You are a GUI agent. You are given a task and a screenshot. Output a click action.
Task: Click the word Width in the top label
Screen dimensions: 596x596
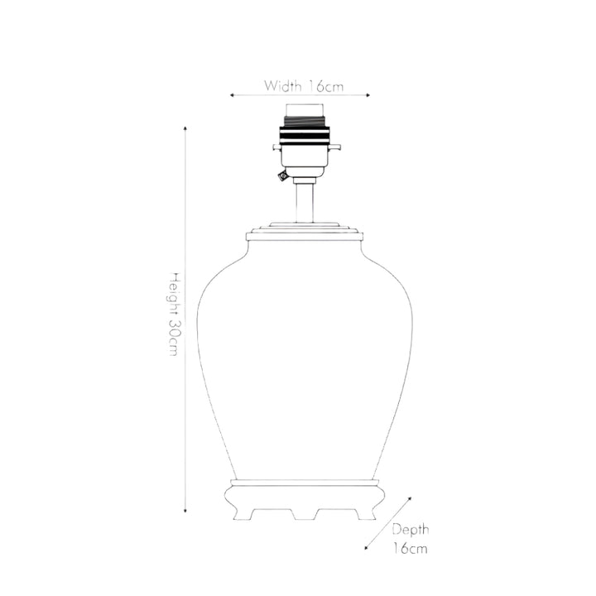[283, 86]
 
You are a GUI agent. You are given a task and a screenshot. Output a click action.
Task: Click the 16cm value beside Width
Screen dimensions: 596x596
[326, 86]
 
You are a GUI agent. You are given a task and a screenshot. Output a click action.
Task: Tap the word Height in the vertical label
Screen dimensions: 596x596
[173, 294]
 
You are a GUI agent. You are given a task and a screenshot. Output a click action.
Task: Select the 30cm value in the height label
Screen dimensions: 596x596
[173, 338]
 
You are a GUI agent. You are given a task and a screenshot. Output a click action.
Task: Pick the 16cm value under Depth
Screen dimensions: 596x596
[410, 549]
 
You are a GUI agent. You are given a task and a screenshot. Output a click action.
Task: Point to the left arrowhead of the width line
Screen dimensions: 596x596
[232, 95]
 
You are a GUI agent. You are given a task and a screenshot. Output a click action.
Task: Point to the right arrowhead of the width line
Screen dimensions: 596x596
[368, 95]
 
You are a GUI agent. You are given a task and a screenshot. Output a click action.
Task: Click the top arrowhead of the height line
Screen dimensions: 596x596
[185, 128]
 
